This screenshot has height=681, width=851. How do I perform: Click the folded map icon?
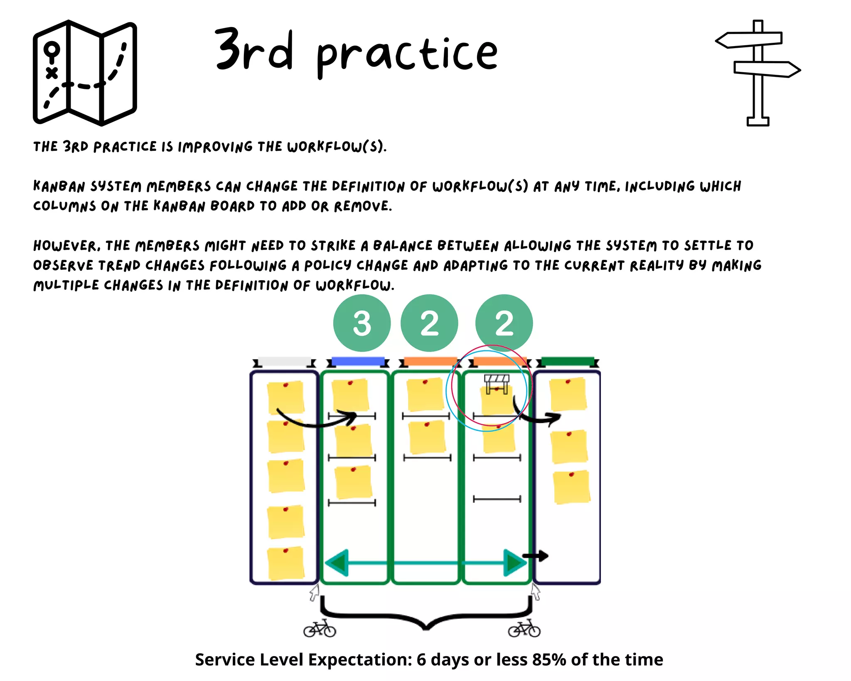[85, 73]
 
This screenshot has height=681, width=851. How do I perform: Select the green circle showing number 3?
[362, 323]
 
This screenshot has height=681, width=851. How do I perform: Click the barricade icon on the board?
[497, 383]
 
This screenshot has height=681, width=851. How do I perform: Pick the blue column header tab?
[358, 361]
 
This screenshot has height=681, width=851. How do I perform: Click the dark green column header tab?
[568, 361]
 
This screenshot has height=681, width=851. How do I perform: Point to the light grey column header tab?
[285, 361]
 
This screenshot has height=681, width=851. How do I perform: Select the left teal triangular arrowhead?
[337, 563]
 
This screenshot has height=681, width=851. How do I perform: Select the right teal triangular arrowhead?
[514, 563]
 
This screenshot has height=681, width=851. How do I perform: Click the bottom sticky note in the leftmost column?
[286, 563]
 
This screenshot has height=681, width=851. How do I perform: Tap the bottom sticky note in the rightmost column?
[571, 487]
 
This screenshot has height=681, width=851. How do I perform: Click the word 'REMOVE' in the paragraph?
[363, 206]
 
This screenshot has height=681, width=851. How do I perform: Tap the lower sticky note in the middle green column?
[427, 438]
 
